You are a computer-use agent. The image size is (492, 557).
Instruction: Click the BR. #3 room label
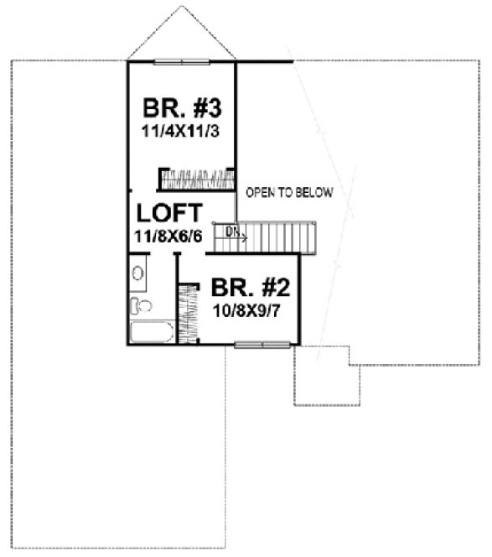pos(181,109)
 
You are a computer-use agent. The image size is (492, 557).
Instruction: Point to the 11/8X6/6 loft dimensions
pos(168,235)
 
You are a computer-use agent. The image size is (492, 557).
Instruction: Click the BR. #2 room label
pos(250,289)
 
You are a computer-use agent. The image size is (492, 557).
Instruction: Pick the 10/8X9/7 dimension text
pos(250,310)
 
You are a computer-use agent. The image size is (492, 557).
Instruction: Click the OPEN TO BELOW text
pos(289,193)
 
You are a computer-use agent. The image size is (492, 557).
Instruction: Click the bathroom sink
pos(139,273)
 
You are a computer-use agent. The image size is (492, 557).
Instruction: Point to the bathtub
pos(152,332)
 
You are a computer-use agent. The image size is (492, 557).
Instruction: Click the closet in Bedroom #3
pos(196,179)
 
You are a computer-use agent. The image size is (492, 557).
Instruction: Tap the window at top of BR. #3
pos(181,60)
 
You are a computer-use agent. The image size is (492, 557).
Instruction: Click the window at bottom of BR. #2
pos(262,343)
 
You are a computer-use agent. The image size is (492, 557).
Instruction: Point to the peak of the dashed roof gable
pos(180,7)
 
